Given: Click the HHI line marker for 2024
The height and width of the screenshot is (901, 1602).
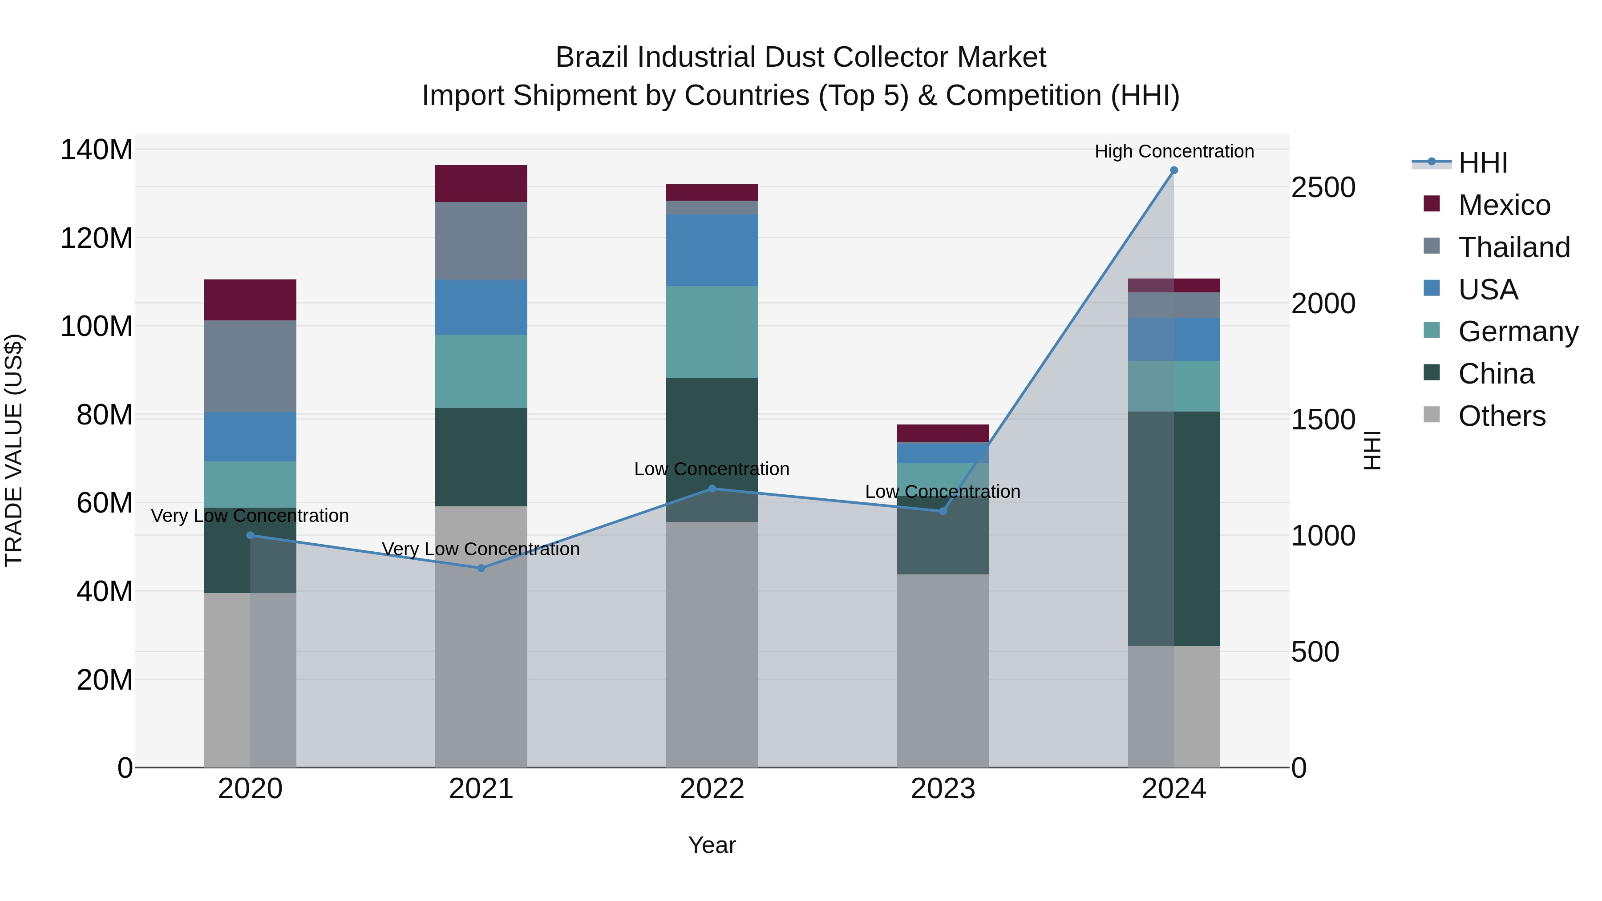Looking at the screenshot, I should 1173,170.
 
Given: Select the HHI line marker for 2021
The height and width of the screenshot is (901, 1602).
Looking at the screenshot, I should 481,568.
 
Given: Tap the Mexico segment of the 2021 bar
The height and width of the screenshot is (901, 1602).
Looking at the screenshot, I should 481,183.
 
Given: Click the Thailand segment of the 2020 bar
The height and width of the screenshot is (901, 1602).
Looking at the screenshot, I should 250,366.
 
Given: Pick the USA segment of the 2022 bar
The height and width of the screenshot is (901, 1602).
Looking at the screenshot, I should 712,250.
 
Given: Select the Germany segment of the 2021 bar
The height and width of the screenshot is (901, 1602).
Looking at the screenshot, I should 481,371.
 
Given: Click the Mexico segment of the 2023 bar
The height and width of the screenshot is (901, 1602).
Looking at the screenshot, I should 943,433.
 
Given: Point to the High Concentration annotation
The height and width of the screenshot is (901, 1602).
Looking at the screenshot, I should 1173,151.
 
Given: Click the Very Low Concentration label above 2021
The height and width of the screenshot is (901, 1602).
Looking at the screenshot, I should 481,549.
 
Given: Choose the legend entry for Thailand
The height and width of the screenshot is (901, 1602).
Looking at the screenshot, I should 1514,247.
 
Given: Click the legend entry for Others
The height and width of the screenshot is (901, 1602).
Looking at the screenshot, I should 1501,416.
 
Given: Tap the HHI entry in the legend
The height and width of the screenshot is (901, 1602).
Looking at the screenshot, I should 1483,163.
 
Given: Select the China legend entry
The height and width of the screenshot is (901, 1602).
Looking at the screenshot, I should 1496,374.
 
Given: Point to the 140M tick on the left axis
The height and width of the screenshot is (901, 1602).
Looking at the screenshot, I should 97,150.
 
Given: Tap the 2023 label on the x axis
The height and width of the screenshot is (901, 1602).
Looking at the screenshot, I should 943,789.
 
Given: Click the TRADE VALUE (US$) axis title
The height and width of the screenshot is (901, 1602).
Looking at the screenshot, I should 14,450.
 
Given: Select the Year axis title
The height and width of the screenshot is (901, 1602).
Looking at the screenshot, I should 712,845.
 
